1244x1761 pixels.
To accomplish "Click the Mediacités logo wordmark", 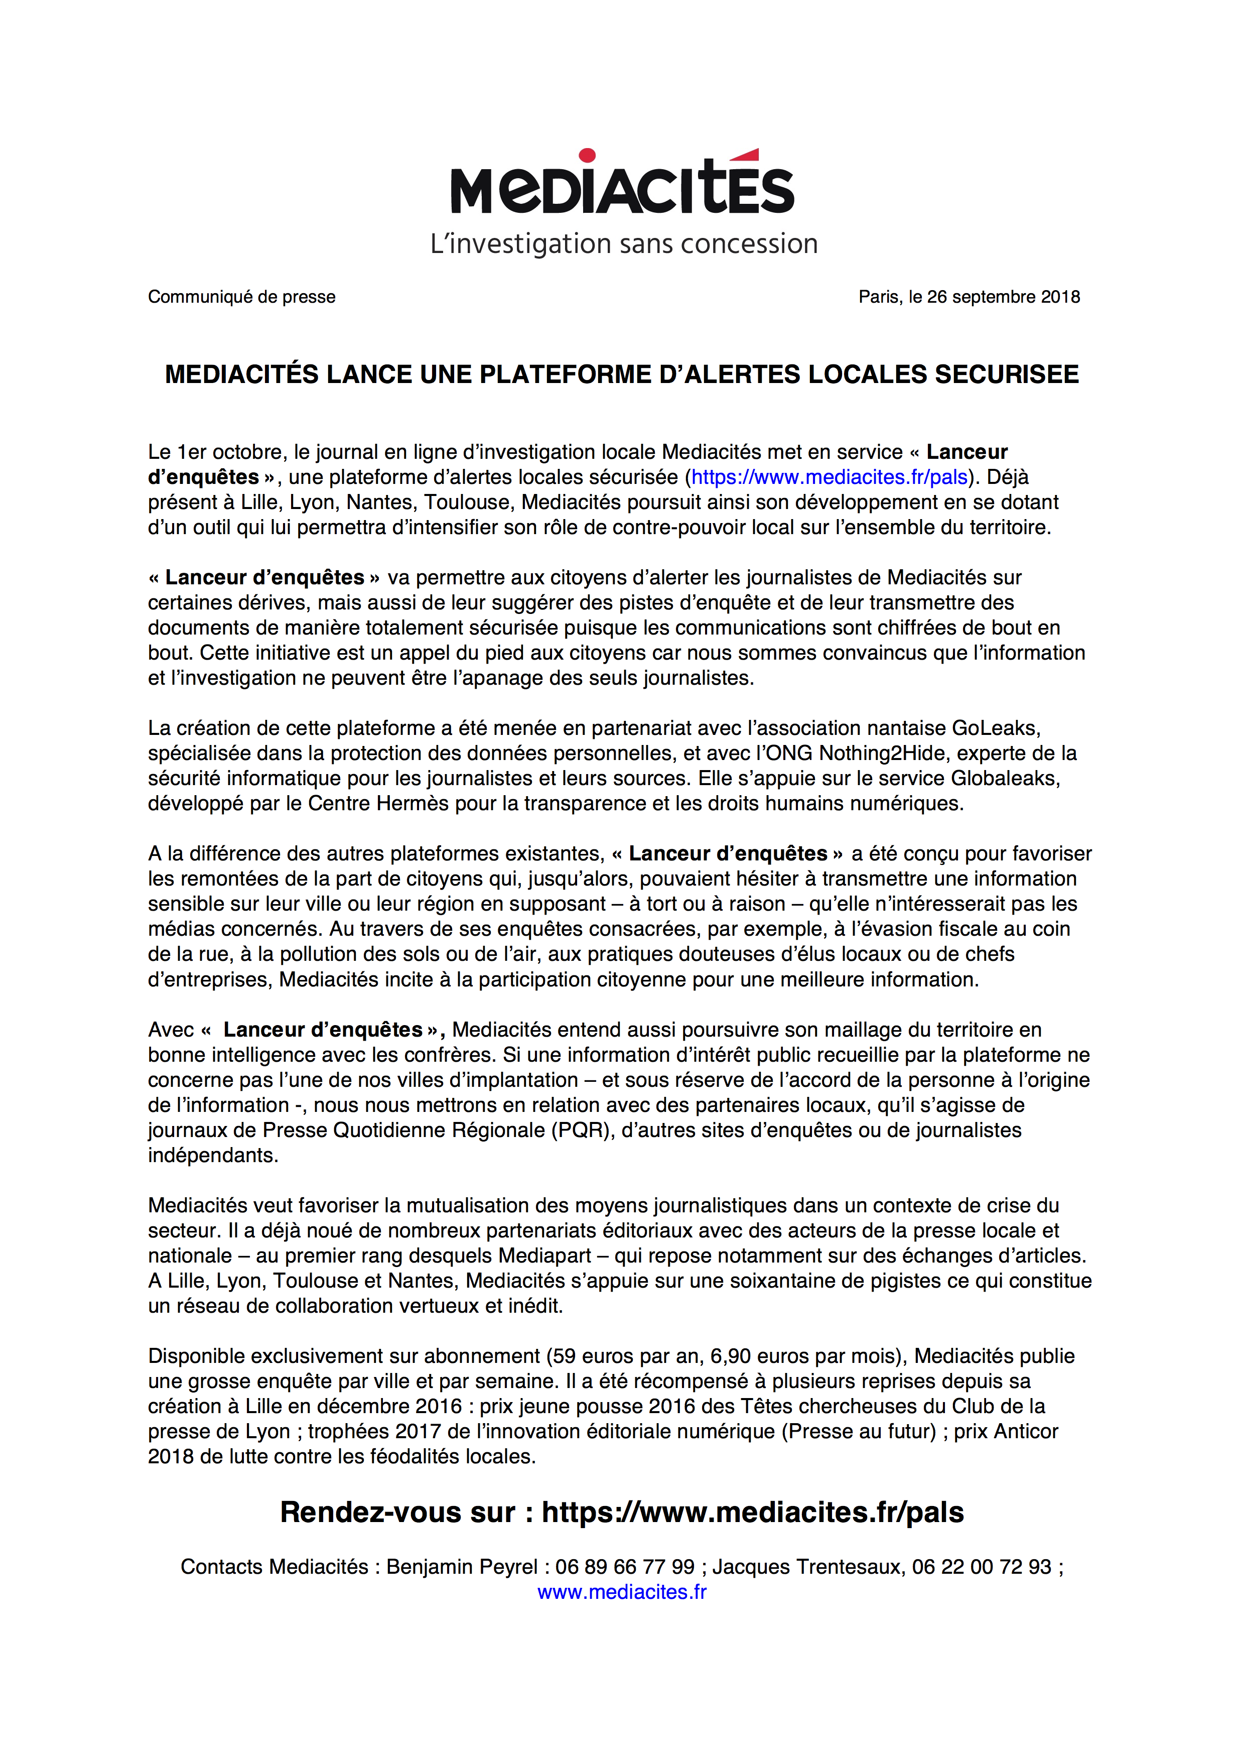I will click(x=622, y=188).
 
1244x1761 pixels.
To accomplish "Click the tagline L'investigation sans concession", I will click(x=623, y=244).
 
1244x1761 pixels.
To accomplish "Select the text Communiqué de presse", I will click(x=241, y=297).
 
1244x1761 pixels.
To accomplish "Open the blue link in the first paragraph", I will click(x=830, y=477).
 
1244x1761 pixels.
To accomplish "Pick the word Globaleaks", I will click(x=1005, y=779).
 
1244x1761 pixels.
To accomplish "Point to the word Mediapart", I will click(x=545, y=1255).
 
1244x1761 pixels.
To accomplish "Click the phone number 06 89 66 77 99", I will click(x=625, y=1566).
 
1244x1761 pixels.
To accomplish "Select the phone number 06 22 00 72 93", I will click(x=981, y=1566).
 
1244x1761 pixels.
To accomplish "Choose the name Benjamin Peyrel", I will click(x=462, y=1566).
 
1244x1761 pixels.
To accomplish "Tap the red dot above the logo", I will click(x=587, y=156).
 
